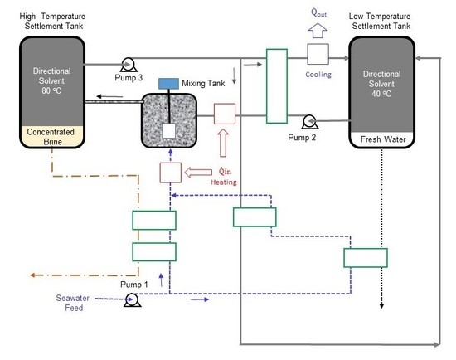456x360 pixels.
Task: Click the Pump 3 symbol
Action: click(x=128, y=65)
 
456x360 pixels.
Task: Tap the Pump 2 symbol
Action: click(x=309, y=122)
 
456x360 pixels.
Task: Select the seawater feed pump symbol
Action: click(x=132, y=299)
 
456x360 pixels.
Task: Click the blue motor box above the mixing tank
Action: click(x=168, y=84)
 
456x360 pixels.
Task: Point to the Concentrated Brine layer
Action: click(x=52, y=136)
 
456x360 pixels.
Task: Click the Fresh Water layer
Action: click(x=382, y=139)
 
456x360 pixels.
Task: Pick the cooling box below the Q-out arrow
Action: click(x=318, y=54)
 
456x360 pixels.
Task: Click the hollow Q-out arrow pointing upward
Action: click(x=318, y=30)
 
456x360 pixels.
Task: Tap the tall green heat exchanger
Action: click(x=277, y=86)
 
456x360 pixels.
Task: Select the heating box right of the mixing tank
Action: click(x=225, y=114)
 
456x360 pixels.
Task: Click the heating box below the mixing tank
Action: click(x=171, y=173)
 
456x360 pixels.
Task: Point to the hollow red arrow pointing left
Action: click(x=198, y=173)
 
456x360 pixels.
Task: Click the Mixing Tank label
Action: click(x=203, y=84)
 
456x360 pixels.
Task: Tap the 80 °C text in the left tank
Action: click(x=51, y=90)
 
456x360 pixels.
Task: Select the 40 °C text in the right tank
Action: click(x=381, y=94)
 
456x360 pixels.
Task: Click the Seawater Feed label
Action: click(x=73, y=303)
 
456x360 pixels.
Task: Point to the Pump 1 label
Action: click(x=134, y=285)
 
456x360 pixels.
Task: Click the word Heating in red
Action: click(x=224, y=182)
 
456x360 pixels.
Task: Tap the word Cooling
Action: click(x=318, y=75)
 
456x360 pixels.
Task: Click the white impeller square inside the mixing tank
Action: click(x=168, y=131)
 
